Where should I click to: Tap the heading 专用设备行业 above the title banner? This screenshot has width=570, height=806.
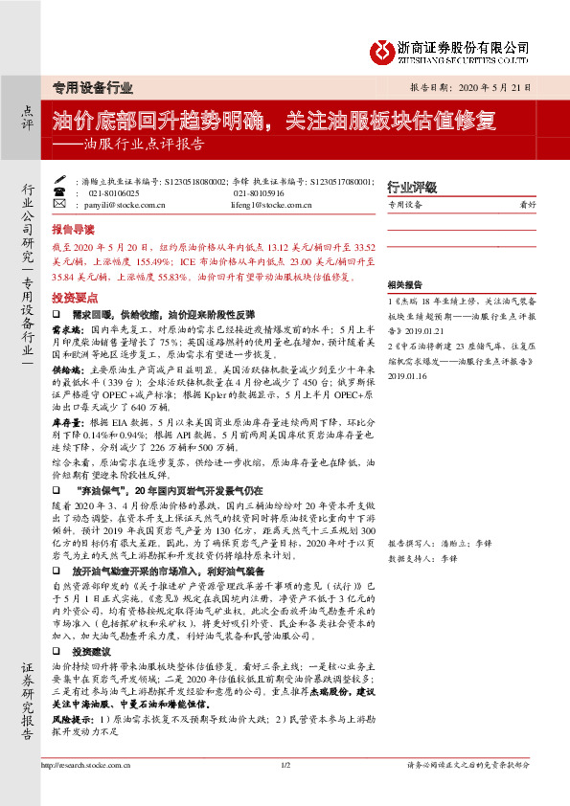[92, 87]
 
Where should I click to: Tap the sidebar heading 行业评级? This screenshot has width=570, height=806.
[411, 186]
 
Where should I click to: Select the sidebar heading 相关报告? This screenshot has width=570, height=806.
[404, 285]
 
